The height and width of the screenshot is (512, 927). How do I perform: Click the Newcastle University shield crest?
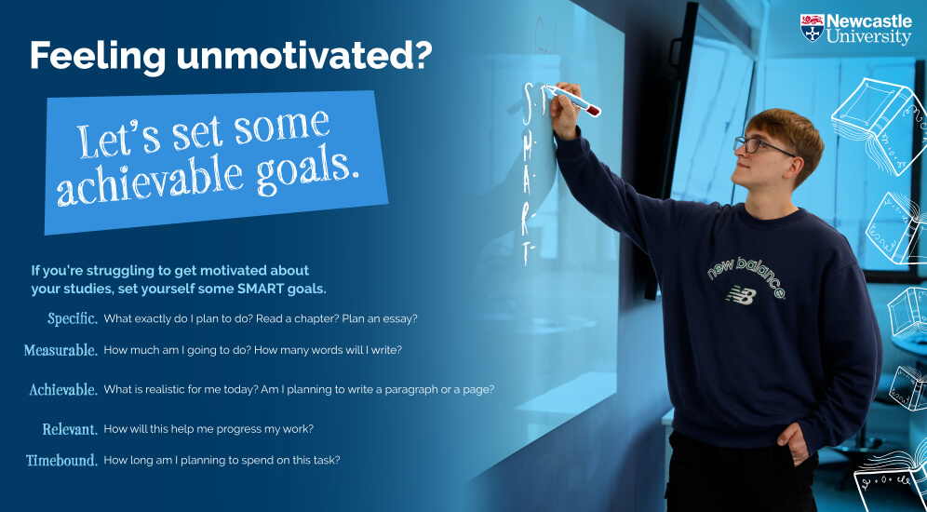[x=812, y=28]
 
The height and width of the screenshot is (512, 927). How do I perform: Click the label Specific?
[x=73, y=318]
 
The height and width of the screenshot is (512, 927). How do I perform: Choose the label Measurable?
[x=60, y=350]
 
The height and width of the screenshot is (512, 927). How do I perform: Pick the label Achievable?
[x=64, y=390]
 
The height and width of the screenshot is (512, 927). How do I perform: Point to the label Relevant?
[x=70, y=429]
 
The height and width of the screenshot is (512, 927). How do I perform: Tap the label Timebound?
[x=62, y=460]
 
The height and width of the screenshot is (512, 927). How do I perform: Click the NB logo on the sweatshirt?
[x=741, y=295]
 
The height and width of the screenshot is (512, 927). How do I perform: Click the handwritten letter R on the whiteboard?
[x=526, y=216]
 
